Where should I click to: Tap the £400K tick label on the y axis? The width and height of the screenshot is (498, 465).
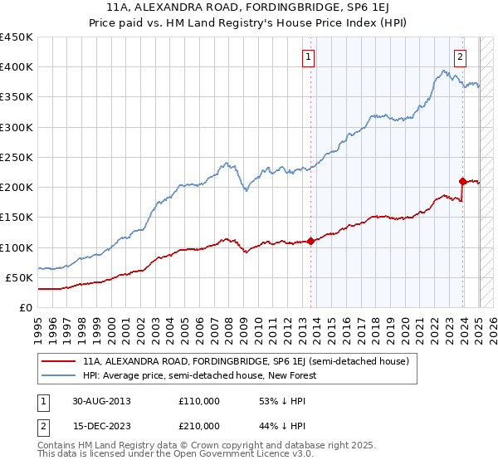pyautogui.click(x=17, y=67)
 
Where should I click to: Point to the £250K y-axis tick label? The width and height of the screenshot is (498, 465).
pyautogui.click(x=17, y=157)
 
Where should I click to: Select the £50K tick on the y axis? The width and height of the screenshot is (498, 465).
pyautogui.click(x=20, y=277)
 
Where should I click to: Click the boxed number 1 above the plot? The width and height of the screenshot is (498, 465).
pyautogui.click(x=309, y=57)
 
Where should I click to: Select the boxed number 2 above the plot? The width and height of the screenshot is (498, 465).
pyautogui.click(x=460, y=57)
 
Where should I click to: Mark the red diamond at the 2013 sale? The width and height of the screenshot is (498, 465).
pyautogui.click(x=311, y=241)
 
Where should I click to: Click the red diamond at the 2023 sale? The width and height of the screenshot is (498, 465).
pyautogui.click(x=462, y=180)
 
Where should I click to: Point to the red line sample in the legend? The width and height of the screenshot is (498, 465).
pyautogui.click(x=60, y=361)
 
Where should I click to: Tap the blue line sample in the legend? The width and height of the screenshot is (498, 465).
pyautogui.click(x=60, y=375)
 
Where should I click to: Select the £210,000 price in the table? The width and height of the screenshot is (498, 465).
pyautogui.click(x=198, y=425)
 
